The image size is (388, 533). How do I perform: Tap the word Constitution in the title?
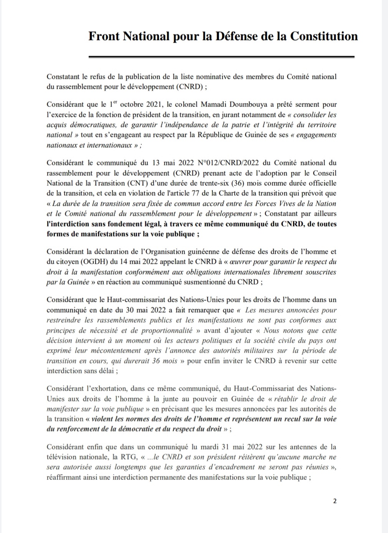point(324,36)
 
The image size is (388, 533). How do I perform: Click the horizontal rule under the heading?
point(221,57)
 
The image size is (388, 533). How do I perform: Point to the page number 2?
point(335,501)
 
